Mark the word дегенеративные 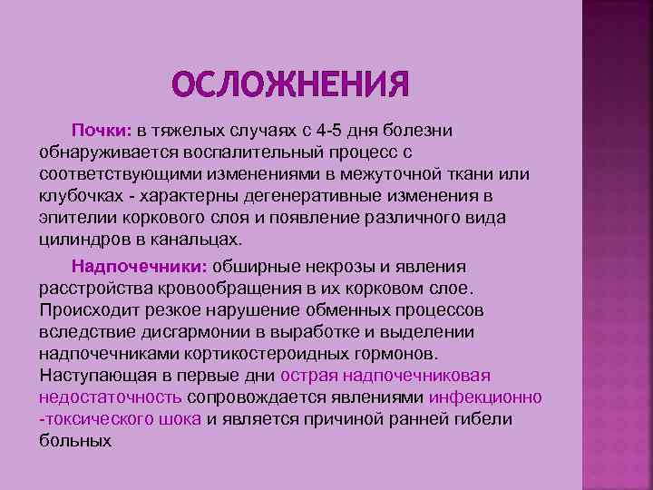click(x=299, y=196)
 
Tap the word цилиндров click(x=80, y=240)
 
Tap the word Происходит click(x=83, y=310)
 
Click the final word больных click(x=75, y=441)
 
